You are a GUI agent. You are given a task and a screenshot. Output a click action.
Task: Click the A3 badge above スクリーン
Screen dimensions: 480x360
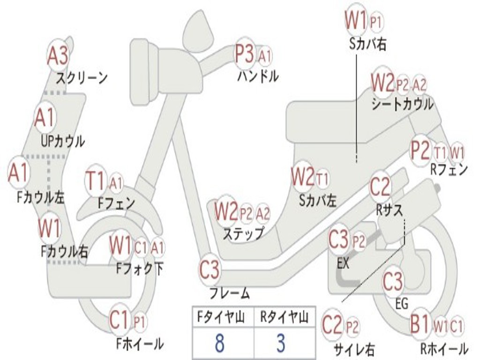point(58,56)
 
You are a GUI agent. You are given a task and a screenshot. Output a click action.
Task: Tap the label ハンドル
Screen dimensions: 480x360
point(257,75)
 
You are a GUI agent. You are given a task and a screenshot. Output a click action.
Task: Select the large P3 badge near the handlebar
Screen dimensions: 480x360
point(244,54)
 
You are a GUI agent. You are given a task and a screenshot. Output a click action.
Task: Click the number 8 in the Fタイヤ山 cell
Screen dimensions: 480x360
point(219,343)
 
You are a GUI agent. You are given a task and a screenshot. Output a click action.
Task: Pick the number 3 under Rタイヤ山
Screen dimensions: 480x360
point(280,343)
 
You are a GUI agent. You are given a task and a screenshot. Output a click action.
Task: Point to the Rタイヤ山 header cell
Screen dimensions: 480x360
point(284,317)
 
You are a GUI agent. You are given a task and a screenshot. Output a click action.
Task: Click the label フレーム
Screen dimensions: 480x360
point(229,294)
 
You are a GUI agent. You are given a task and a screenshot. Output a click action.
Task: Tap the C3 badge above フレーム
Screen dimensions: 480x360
point(209,270)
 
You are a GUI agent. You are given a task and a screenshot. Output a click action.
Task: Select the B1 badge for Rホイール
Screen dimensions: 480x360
point(420,324)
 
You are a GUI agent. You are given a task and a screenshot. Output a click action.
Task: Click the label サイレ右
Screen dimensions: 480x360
point(354,349)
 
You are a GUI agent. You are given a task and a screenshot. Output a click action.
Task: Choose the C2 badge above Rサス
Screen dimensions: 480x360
point(380,187)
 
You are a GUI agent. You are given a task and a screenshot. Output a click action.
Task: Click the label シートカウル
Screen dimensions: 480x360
point(402,104)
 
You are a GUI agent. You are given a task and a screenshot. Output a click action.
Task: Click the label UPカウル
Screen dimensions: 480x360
point(62,141)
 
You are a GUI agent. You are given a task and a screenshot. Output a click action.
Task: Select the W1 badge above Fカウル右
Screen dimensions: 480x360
point(49,228)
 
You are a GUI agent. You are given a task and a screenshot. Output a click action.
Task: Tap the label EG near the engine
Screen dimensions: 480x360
point(402,303)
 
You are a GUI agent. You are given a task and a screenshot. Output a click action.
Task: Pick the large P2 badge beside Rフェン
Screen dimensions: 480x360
point(420,150)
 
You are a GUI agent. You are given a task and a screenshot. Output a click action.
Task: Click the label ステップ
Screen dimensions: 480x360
point(243,233)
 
